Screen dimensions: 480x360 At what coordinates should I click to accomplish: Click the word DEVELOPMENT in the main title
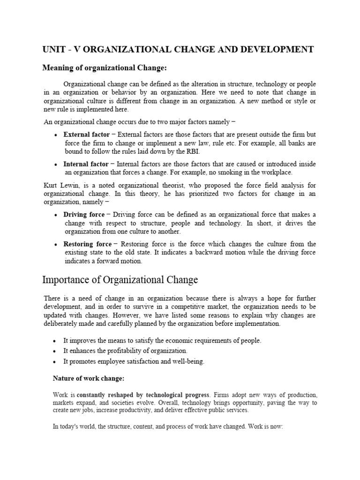click(x=277, y=50)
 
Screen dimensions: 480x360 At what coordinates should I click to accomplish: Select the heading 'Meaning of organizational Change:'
click(x=105, y=68)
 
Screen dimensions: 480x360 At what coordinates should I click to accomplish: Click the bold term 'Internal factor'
click(x=86, y=164)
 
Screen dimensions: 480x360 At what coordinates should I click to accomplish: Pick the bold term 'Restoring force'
click(x=88, y=244)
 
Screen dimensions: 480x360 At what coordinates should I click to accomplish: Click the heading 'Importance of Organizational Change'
click(x=120, y=280)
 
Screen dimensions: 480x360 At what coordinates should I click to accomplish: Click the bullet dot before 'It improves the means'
click(x=55, y=341)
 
